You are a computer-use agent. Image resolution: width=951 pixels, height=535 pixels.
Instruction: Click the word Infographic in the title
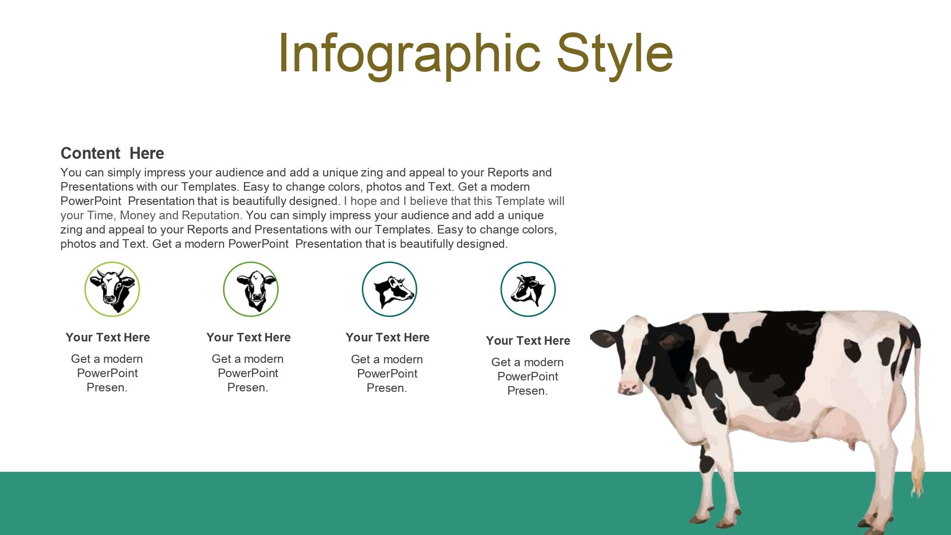[x=409, y=53]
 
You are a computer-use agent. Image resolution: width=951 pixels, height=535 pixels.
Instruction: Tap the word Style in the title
[x=614, y=53]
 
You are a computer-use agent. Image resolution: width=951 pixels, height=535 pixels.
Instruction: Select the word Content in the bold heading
[x=90, y=153]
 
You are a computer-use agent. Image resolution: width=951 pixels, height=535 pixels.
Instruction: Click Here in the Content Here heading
[x=146, y=153]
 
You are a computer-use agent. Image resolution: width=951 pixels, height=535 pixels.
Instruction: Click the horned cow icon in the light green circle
[x=112, y=289]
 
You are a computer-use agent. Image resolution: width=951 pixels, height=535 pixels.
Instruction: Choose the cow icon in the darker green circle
[x=251, y=289]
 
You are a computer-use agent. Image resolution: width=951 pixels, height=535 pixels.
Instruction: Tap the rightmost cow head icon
[x=528, y=289]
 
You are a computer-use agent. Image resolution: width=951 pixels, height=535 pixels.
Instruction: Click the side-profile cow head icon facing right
[x=389, y=289]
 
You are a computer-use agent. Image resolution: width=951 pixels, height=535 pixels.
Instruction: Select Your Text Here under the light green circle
[x=108, y=337]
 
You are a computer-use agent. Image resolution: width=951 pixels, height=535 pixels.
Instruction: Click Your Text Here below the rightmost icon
[x=528, y=340]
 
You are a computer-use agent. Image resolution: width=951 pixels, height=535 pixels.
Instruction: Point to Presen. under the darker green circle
[x=248, y=388]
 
